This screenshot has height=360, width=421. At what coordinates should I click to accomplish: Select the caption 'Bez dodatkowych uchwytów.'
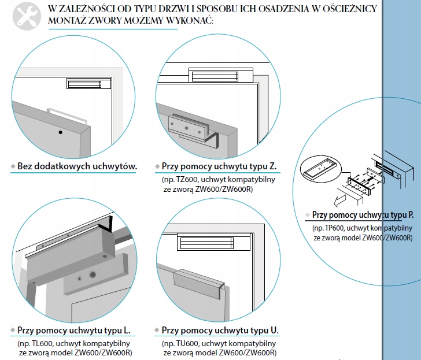point(76,166)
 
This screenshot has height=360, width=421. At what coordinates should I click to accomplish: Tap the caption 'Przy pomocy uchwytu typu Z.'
point(219,166)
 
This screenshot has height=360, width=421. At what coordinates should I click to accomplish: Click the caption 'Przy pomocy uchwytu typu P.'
point(362,214)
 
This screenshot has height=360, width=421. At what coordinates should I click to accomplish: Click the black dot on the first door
point(59,132)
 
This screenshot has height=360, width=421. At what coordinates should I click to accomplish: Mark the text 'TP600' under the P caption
point(334,228)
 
